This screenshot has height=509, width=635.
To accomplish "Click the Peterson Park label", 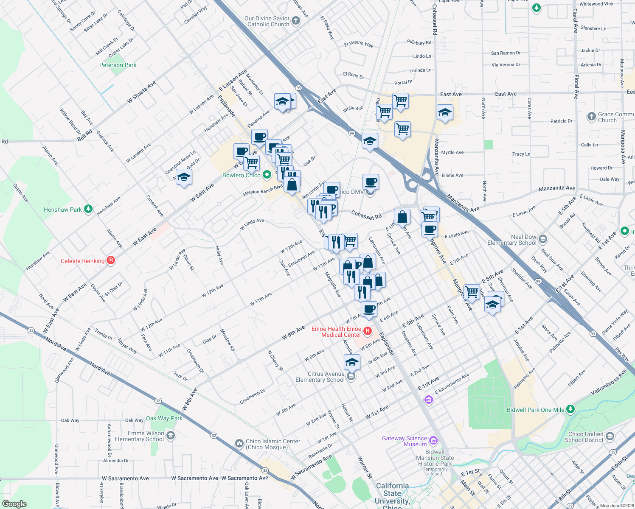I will [x=118, y=65].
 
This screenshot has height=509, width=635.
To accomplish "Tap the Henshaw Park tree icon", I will [x=88, y=209].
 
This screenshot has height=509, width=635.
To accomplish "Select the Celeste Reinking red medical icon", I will [x=111, y=260].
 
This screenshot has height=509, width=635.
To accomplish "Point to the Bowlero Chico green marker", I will [x=267, y=175].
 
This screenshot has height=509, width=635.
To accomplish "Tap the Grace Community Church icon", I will [x=591, y=117].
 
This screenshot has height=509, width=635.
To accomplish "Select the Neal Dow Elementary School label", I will [x=512, y=240].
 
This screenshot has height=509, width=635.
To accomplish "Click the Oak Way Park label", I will [x=164, y=418].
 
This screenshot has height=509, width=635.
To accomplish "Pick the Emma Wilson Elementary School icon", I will [x=170, y=436].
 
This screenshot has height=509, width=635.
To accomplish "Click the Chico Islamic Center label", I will [x=273, y=444].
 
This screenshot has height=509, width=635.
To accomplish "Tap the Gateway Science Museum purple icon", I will [x=433, y=440].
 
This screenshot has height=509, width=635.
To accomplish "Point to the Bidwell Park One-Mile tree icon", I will [x=570, y=409].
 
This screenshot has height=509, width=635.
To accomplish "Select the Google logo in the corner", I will [x=14, y=504].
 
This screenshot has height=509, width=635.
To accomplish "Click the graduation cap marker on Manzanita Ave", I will [x=444, y=112].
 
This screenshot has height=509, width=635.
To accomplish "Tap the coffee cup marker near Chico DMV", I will [x=371, y=182].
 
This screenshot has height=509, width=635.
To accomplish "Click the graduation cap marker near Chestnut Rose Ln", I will [x=184, y=176].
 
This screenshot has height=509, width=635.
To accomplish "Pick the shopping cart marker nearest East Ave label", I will [x=400, y=101].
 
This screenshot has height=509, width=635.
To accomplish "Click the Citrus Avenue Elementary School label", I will [x=320, y=377].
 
